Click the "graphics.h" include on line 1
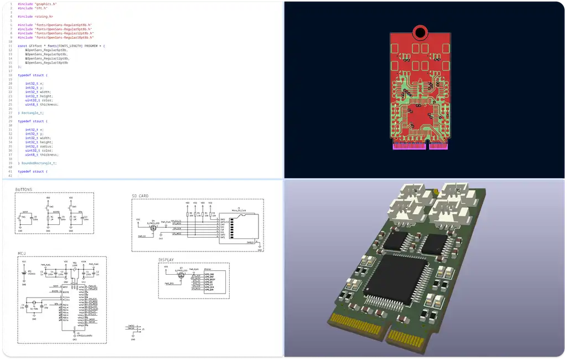45,4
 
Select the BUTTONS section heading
23,189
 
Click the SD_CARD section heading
140,196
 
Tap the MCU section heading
22,253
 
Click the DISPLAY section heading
166,259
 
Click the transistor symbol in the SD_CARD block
153,227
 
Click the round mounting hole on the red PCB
420,32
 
